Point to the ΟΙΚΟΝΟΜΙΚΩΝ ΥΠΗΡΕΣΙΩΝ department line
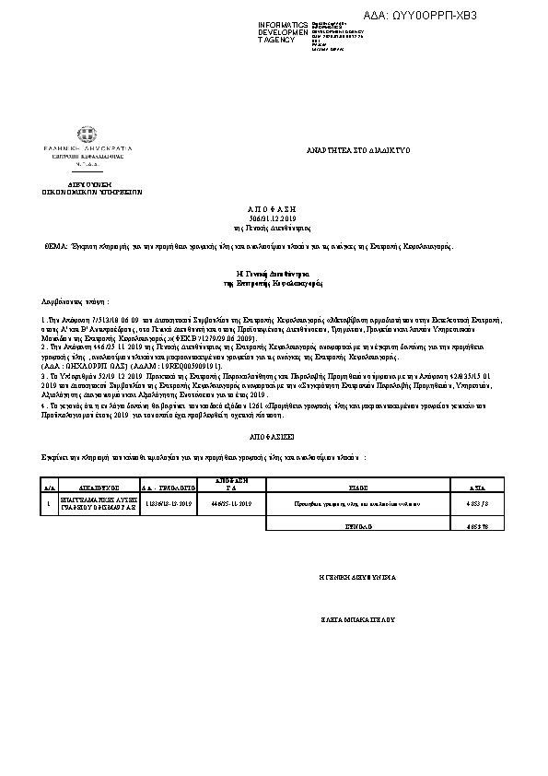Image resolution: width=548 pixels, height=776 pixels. point(88,194)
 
